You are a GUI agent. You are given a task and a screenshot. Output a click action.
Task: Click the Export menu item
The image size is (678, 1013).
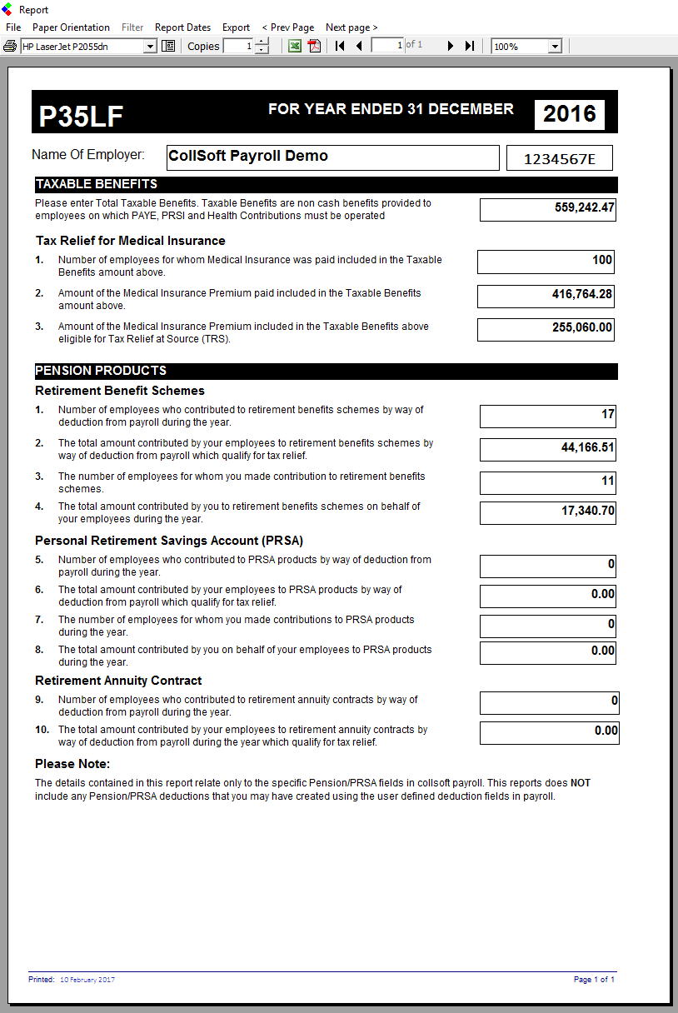click(236, 27)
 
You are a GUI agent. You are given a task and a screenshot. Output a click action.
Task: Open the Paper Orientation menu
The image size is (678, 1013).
click(71, 27)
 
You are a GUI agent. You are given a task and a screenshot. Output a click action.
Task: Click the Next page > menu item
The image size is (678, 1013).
click(351, 27)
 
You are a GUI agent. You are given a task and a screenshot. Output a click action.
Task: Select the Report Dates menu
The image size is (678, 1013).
click(182, 27)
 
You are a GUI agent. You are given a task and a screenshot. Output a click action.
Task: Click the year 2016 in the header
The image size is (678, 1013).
click(570, 114)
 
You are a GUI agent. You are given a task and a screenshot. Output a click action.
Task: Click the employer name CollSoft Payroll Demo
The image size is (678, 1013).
click(248, 156)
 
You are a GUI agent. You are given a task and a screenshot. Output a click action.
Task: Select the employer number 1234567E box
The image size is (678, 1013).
click(560, 158)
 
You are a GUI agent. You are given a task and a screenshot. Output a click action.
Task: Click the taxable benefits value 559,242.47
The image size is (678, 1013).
click(585, 207)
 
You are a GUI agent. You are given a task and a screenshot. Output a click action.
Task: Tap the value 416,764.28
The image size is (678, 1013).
click(582, 294)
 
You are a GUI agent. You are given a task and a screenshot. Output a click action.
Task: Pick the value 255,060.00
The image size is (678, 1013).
click(582, 327)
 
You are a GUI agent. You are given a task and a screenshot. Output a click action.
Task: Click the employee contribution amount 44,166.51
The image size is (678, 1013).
click(587, 448)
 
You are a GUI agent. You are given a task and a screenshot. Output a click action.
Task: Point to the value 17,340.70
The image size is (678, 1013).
click(587, 511)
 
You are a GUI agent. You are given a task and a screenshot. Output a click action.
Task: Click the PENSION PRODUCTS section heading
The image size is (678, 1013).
click(101, 371)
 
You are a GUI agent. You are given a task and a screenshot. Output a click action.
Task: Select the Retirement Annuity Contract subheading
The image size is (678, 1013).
click(118, 681)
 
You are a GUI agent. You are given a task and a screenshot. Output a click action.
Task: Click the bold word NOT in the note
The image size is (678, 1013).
click(581, 783)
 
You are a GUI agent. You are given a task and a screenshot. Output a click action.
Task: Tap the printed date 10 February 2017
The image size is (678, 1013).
click(87, 980)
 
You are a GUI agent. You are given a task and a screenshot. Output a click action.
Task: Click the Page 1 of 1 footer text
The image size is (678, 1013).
click(594, 980)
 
